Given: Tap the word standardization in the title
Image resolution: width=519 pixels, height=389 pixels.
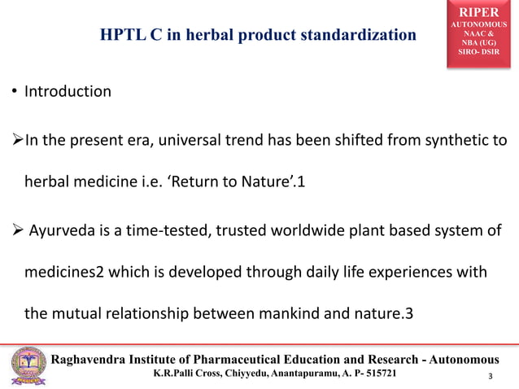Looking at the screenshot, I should pos(355,35).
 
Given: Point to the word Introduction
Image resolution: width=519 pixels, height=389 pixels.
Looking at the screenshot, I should pos(68,91).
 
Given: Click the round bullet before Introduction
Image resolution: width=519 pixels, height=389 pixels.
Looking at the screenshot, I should pos(15,92).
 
